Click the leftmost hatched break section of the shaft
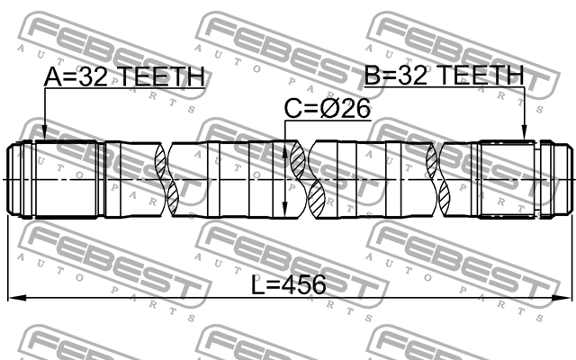pos(163,178)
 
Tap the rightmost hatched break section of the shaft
pos(436,178)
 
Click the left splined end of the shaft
pos(36,178)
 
